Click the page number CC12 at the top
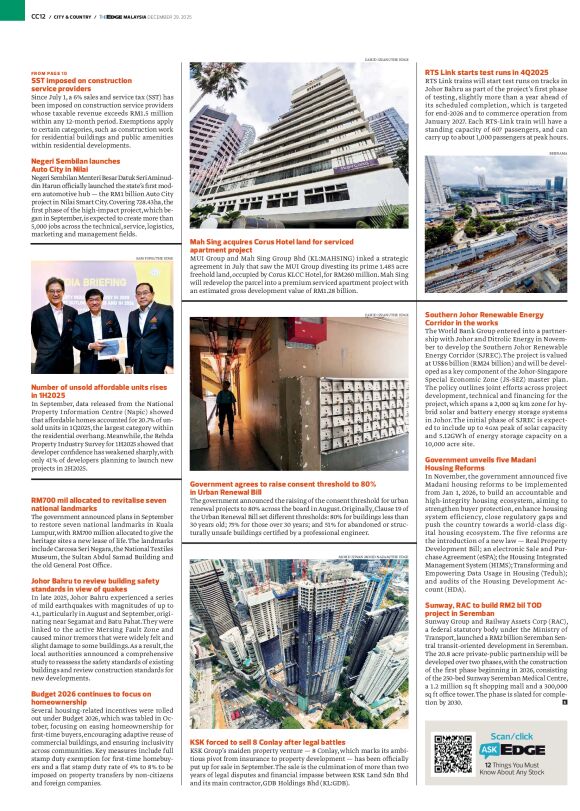[38, 16]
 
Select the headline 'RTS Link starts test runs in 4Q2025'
[486, 72]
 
